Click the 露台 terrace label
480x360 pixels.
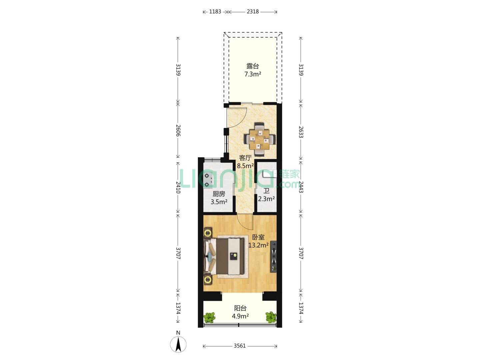(x=253, y=66)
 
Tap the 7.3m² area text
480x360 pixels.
(x=253, y=74)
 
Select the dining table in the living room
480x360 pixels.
(x=259, y=139)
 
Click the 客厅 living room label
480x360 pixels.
(x=245, y=158)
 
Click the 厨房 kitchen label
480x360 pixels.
(x=219, y=194)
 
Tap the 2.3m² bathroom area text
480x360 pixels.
(x=266, y=199)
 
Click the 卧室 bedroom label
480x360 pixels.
(x=258, y=237)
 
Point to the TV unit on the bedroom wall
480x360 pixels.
(x=273, y=256)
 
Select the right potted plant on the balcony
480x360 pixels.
(x=271, y=317)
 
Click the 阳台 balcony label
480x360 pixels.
(x=240, y=308)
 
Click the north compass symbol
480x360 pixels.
(x=178, y=344)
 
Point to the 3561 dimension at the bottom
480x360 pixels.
(x=240, y=346)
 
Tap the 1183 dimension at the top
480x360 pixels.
(x=215, y=12)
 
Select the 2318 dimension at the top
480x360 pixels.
(x=253, y=12)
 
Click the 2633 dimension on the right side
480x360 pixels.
(x=301, y=132)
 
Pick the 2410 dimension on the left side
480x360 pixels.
(x=178, y=187)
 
